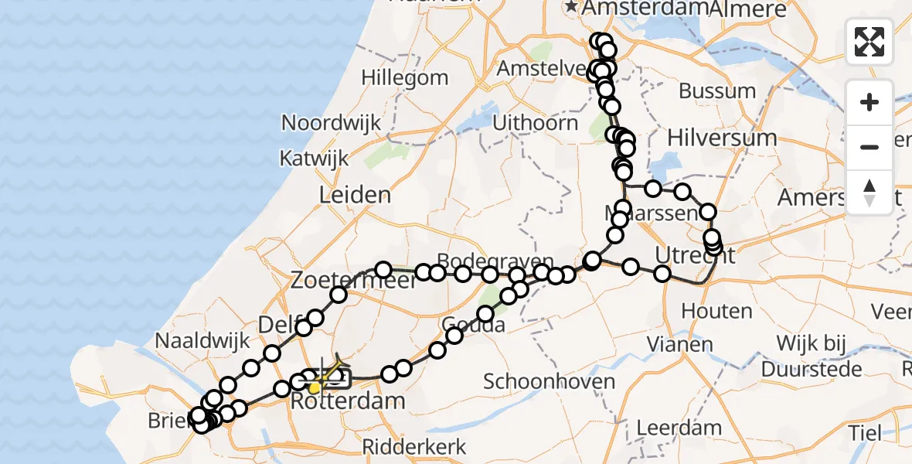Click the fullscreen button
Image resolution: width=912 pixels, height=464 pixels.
coord(869,42)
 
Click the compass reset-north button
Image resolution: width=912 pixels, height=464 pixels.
coord(869,192)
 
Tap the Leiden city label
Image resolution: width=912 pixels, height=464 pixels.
coord(356,194)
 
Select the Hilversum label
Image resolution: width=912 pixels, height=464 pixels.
coord(721,138)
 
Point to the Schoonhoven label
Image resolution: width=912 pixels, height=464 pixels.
coord(538,381)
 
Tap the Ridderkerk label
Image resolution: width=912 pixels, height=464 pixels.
coord(415,446)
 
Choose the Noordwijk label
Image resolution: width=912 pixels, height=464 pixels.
coord(332,123)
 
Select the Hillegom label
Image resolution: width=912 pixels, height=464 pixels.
coord(404,78)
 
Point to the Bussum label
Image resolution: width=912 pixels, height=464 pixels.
coord(717,91)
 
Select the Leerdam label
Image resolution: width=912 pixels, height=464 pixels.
coord(679,428)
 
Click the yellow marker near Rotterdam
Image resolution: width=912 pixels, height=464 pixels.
coord(315,387)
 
